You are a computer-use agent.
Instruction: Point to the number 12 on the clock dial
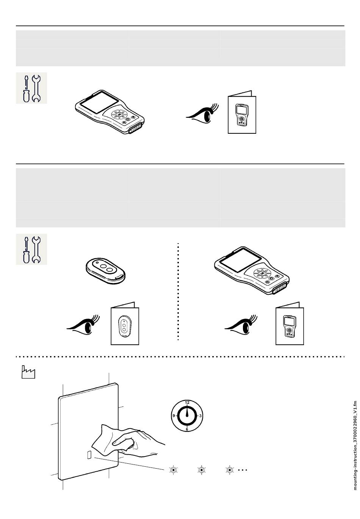(187, 402)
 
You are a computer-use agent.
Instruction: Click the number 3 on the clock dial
(200, 416)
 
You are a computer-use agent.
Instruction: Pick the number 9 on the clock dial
(174, 416)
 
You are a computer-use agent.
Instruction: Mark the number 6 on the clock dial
(187, 429)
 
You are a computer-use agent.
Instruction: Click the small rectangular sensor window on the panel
(89, 455)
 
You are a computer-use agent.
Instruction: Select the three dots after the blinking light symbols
(243, 470)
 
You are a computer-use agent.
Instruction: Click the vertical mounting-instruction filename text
(355, 446)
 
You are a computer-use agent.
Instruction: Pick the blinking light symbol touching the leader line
(174, 470)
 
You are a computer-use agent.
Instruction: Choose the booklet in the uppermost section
(242, 113)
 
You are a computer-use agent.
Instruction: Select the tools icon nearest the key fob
(31, 249)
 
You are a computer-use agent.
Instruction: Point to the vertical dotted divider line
(178, 292)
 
